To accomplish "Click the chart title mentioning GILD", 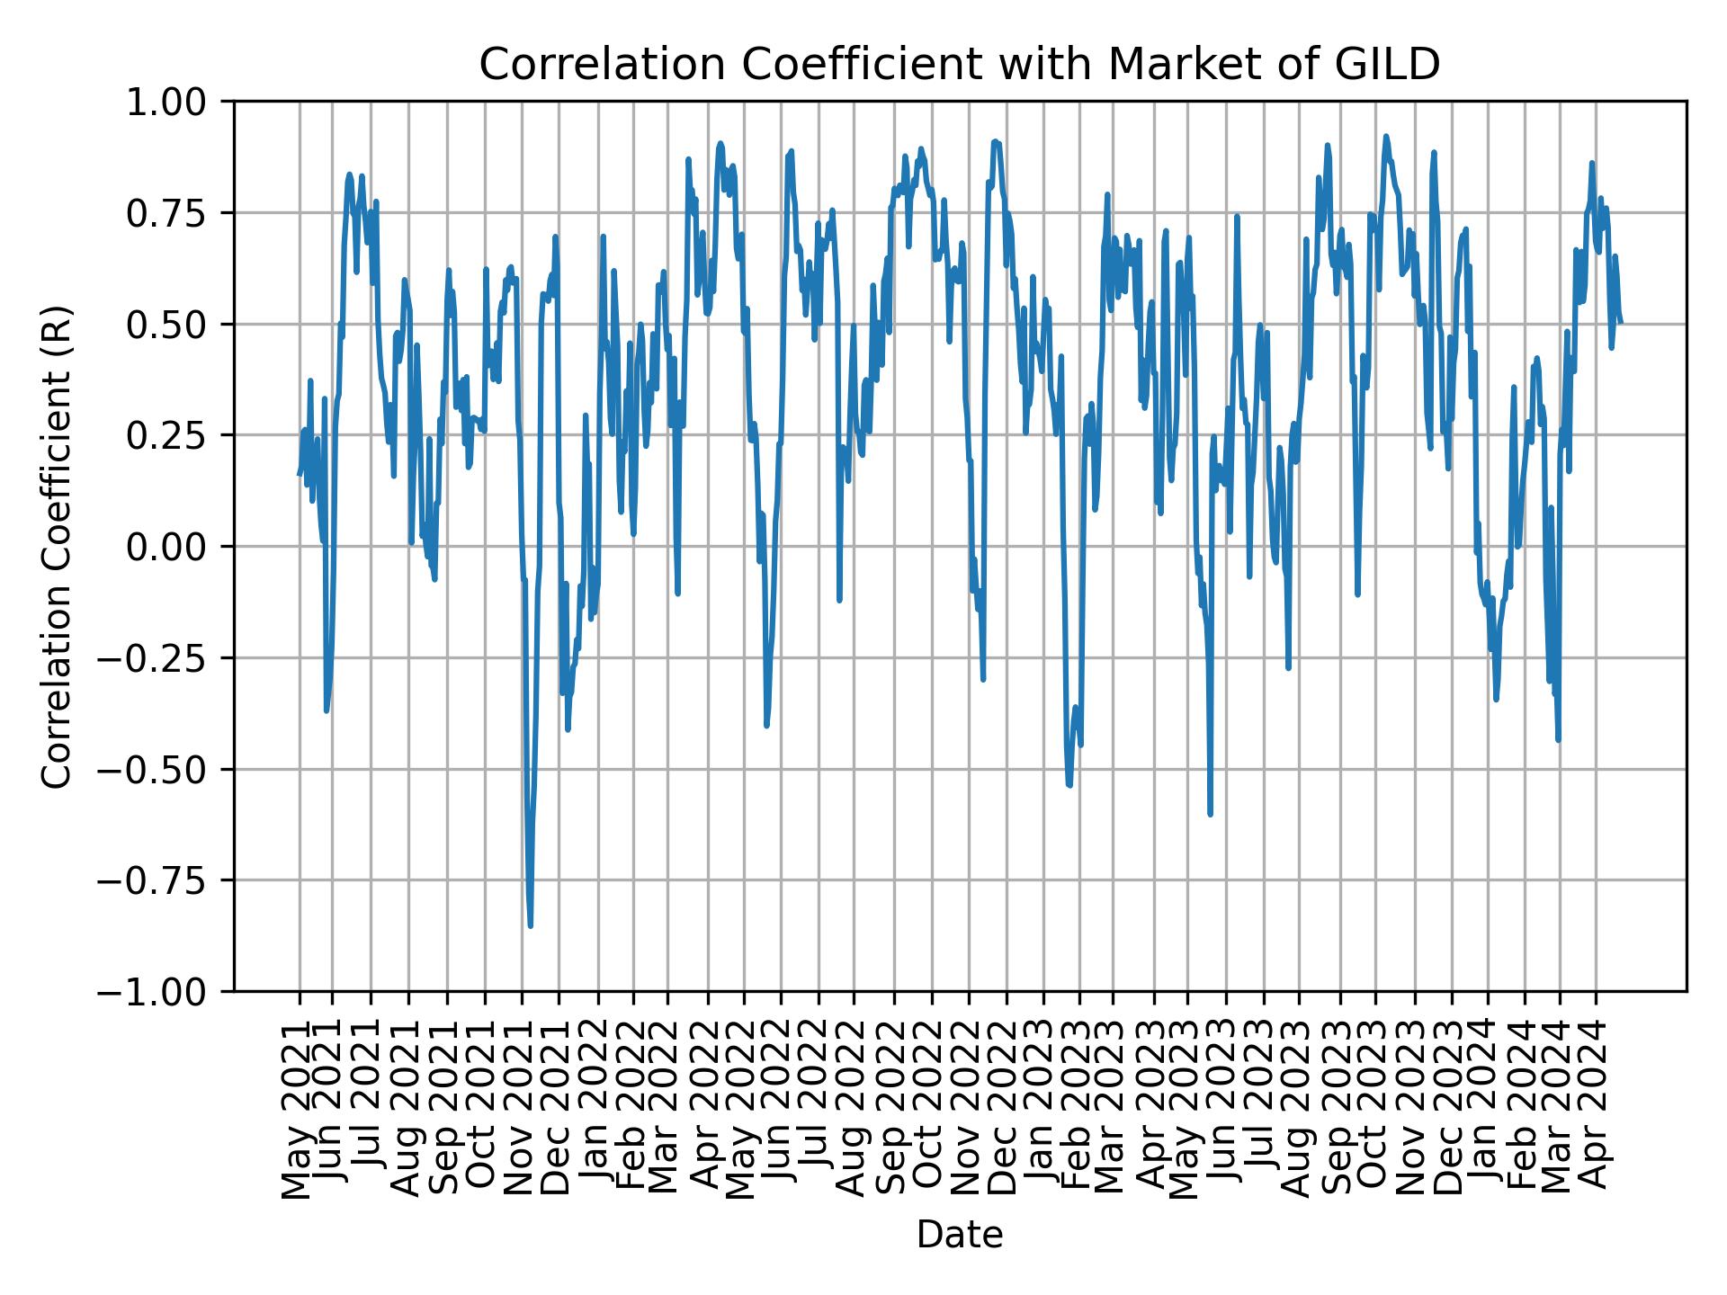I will (959, 65).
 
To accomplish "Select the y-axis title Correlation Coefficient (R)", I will (57, 546).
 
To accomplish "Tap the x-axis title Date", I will (959, 1236).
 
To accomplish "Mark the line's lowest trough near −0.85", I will (531, 925).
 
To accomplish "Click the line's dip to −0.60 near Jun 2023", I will (1210, 814).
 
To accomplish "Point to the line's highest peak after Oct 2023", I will (1386, 137).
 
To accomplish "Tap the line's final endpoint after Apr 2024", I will (1621, 322).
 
